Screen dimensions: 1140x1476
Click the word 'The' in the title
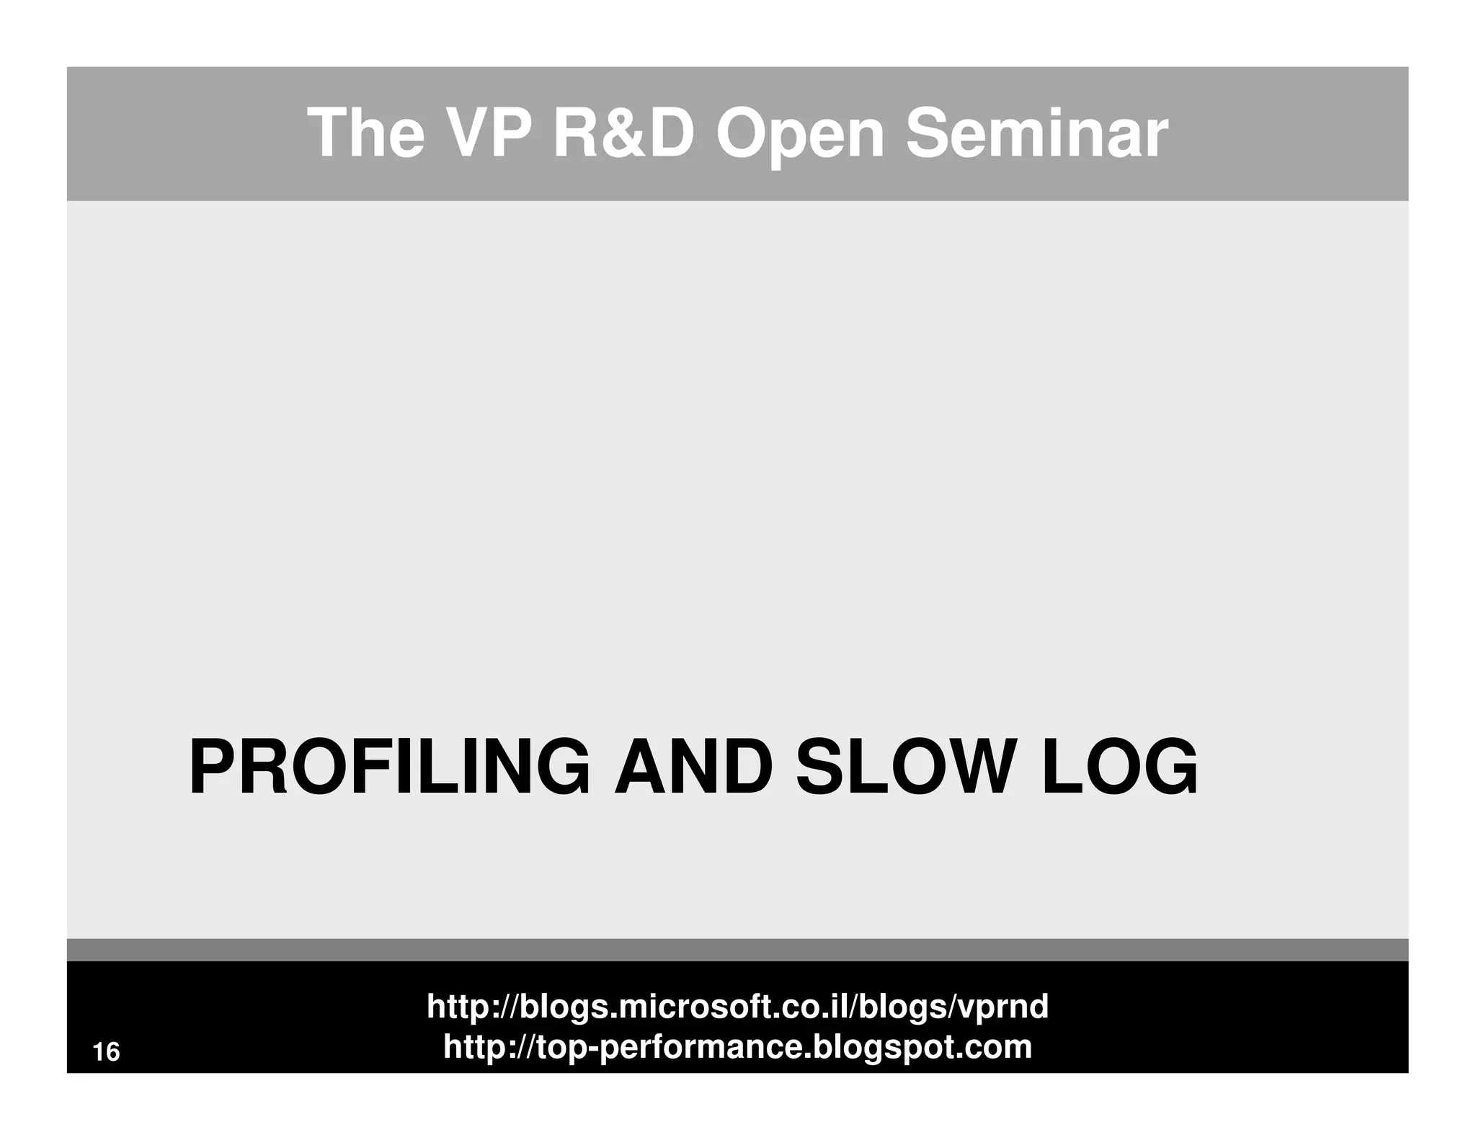(x=365, y=134)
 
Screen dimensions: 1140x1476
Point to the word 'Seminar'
(x=1036, y=134)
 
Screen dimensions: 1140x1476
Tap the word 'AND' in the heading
(x=693, y=768)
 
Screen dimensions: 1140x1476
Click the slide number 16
(x=107, y=1052)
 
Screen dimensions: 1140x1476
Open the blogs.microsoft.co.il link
(x=737, y=1006)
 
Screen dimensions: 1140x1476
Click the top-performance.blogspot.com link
(x=737, y=1046)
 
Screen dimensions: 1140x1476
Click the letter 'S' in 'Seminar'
(x=926, y=134)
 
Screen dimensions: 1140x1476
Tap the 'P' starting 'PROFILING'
(x=209, y=768)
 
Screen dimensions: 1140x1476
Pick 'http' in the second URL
(x=471, y=1046)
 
